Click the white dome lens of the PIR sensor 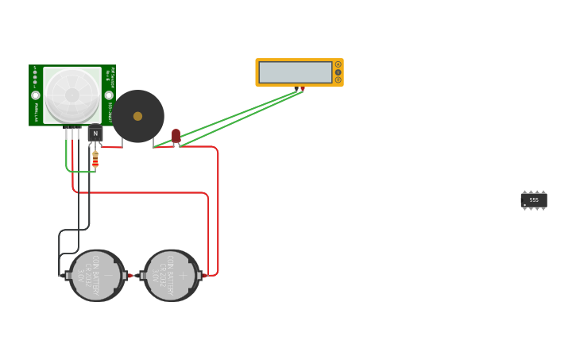pyautogui.click(x=72, y=95)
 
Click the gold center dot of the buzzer pyautogui.click(x=137, y=116)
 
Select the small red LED pyautogui.click(x=176, y=136)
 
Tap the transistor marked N pyautogui.click(x=95, y=133)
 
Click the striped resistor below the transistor pyautogui.click(x=95, y=160)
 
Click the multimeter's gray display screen pyautogui.click(x=295, y=72)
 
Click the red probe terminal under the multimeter pyautogui.click(x=303, y=88)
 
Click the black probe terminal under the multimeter pyautogui.click(x=296, y=88)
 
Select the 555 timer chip pyautogui.click(x=533, y=200)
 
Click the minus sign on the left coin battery pyautogui.click(x=108, y=275)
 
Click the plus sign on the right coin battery pyautogui.click(x=183, y=276)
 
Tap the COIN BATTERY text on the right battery pyautogui.click(x=170, y=275)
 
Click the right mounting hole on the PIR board pyautogui.click(x=109, y=95)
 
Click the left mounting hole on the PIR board pyautogui.click(x=36, y=95)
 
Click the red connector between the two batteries pyautogui.click(x=131, y=276)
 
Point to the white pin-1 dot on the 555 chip pyautogui.click(x=525, y=206)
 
